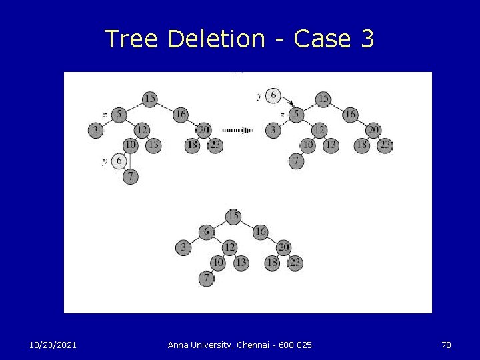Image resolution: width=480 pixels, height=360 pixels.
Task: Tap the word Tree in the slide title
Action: [x=131, y=39]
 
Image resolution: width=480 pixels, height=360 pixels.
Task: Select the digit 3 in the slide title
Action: [x=367, y=39]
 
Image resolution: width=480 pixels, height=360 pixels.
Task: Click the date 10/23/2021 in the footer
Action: [x=53, y=345]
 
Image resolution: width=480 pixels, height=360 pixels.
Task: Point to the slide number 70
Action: [x=446, y=345]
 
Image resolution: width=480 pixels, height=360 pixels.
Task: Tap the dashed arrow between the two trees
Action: [x=238, y=130]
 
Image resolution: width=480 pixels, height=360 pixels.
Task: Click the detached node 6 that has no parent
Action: [x=273, y=96]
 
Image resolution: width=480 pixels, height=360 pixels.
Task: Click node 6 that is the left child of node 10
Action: [x=119, y=161]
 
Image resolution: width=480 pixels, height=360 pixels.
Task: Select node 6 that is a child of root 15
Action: [x=206, y=232]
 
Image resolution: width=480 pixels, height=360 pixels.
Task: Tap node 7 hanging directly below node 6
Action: [x=131, y=177]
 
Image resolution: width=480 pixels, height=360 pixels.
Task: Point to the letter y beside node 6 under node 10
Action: [x=105, y=161]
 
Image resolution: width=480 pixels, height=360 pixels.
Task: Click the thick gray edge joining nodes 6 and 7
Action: [x=129, y=161]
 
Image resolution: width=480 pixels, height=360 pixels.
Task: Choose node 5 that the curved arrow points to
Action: [x=296, y=115]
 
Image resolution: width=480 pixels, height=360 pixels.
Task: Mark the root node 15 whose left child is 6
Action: [x=233, y=216]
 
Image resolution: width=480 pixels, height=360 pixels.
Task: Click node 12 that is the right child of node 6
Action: [x=229, y=248]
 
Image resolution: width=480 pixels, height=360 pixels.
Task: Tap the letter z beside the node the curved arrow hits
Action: [x=283, y=115]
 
